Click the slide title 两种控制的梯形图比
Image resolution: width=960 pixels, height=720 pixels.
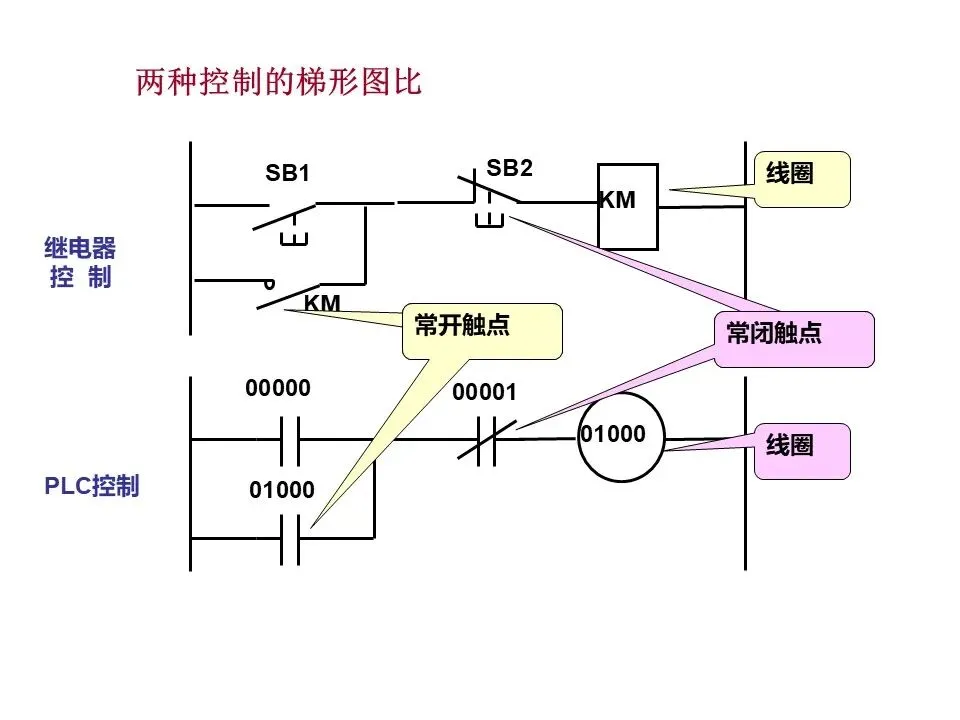pos(279,81)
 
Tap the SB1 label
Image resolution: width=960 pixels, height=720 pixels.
pos(287,173)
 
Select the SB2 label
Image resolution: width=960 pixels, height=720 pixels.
pos(509,167)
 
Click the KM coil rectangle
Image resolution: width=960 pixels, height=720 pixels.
pos(628,207)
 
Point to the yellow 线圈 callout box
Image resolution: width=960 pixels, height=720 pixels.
pos(802,179)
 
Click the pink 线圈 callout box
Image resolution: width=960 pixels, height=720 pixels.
pos(802,451)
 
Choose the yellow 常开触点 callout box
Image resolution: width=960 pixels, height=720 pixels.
pos(482,331)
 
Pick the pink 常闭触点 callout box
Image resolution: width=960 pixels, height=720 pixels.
pos(794,339)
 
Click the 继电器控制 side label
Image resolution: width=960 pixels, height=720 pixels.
pos(80,263)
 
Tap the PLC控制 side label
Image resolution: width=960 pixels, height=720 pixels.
pos(92,486)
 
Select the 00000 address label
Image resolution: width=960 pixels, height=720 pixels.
pos(278,388)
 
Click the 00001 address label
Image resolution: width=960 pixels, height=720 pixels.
pos(484,392)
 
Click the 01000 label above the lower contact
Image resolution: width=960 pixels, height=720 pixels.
pos(282,490)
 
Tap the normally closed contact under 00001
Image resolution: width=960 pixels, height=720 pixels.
pos(487,440)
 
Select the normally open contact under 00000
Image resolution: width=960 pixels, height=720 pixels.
pos(290,440)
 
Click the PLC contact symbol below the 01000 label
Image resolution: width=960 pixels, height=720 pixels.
pos(290,539)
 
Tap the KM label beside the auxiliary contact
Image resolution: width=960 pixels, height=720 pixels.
pos(322,303)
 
